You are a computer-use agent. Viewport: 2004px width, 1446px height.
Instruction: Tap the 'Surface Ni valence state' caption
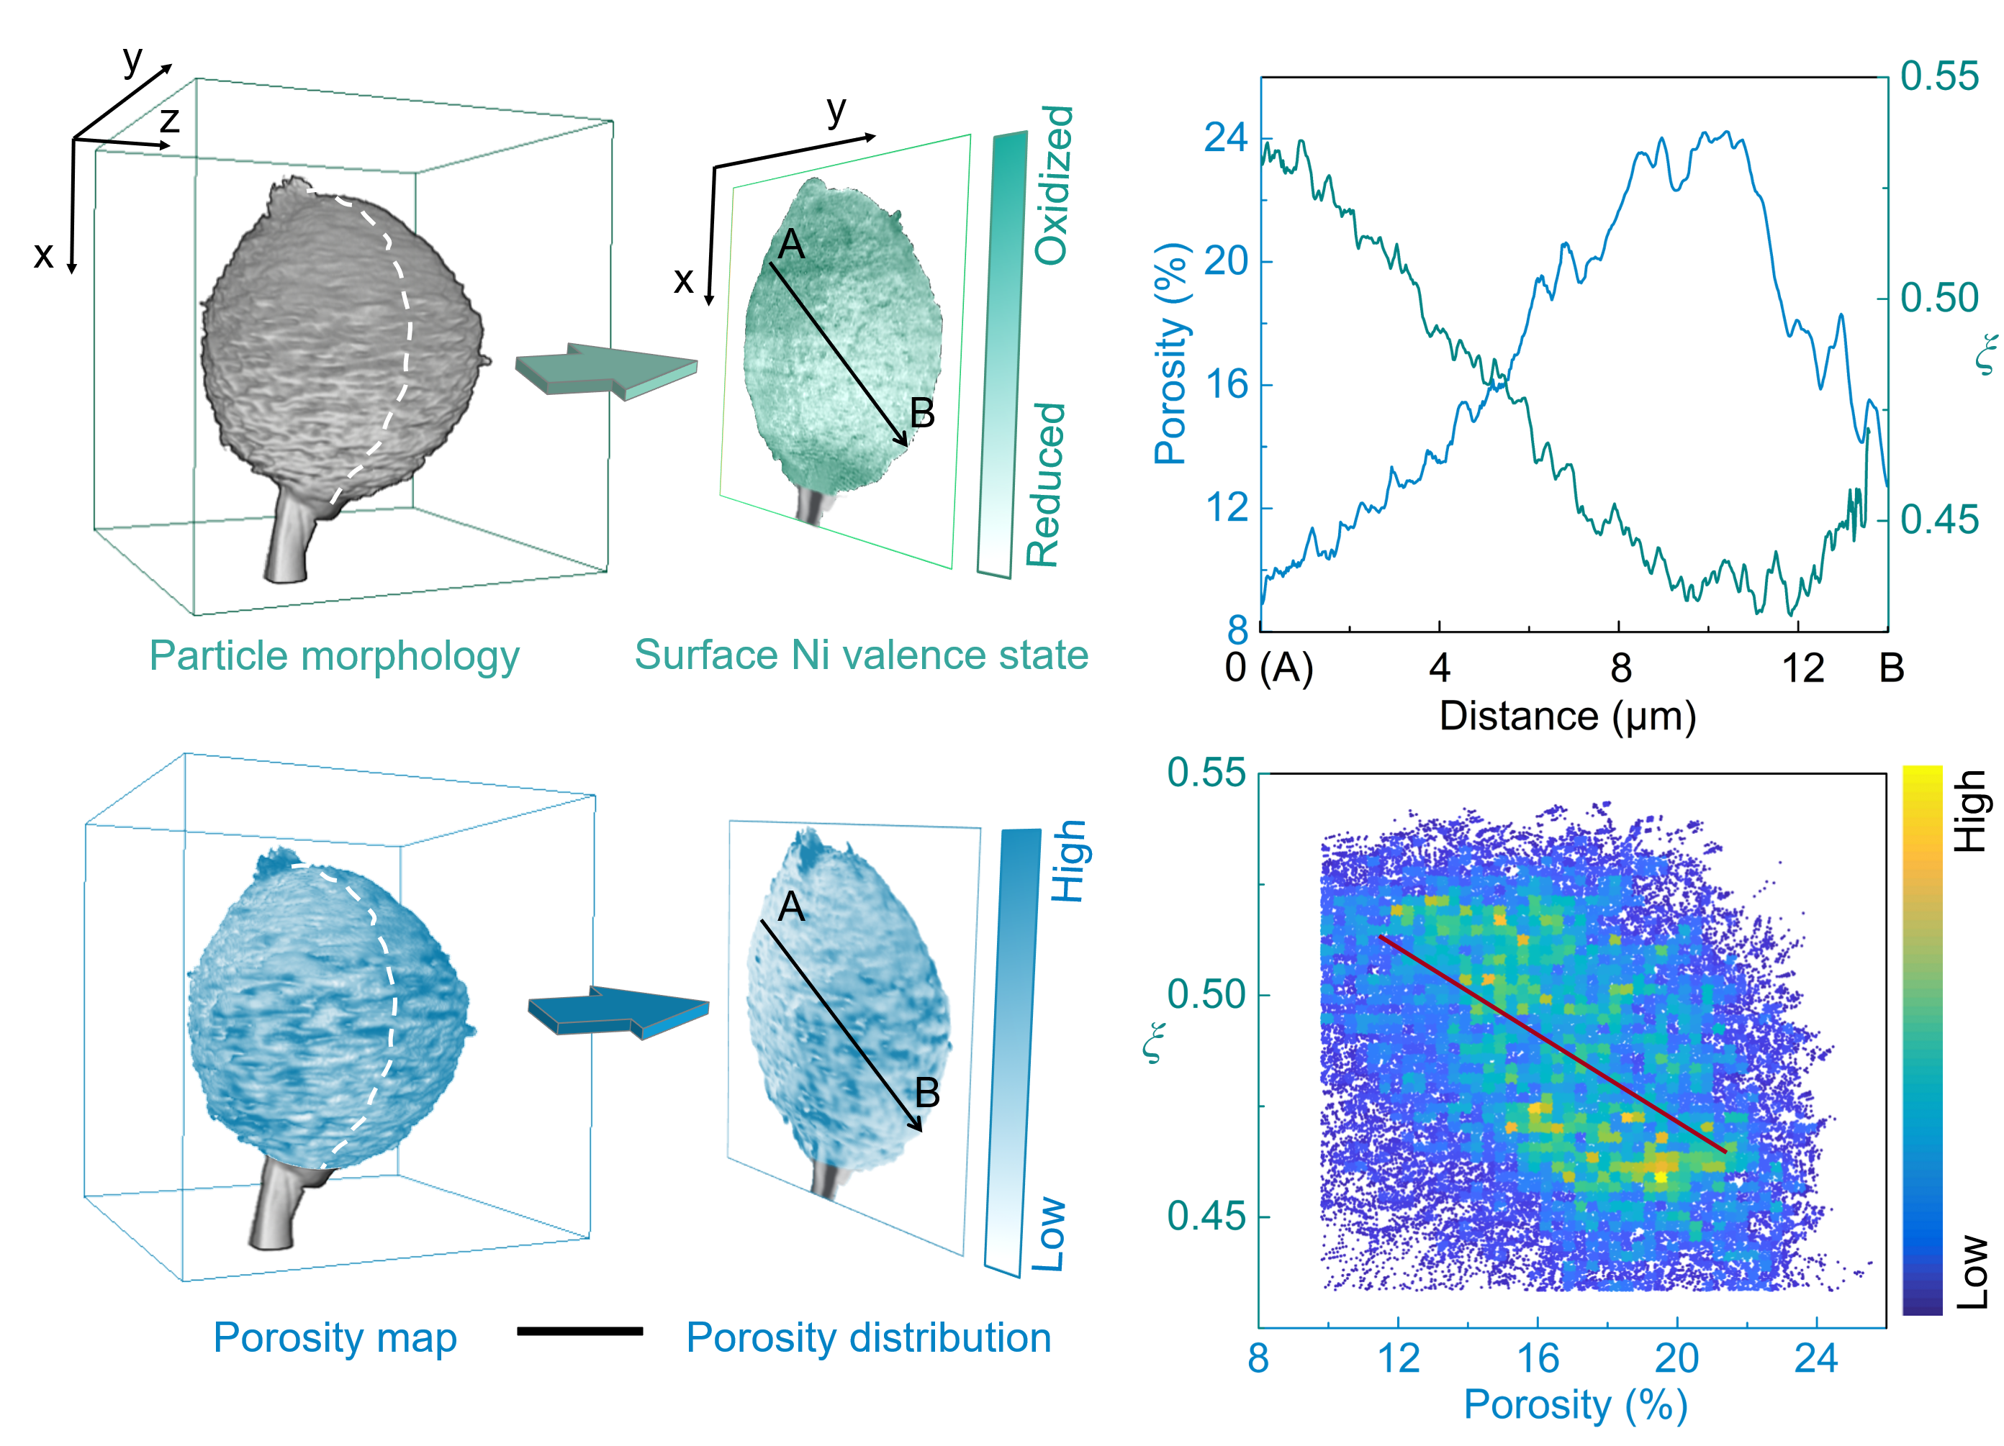click(x=861, y=655)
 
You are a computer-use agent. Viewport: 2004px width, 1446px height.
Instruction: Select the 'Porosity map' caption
click(x=335, y=1337)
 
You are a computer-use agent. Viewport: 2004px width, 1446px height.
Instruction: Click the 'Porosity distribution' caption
click(x=869, y=1337)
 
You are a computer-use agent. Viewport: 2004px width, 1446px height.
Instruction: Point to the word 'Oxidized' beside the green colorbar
click(x=1053, y=186)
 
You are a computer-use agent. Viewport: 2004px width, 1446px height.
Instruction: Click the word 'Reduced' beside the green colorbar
click(x=1045, y=485)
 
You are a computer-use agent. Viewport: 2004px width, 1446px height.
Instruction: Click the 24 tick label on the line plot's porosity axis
click(x=1226, y=138)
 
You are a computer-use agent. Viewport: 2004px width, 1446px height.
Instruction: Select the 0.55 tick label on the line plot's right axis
click(x=1939, y=77)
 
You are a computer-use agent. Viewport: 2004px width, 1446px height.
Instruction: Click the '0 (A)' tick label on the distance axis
click(x=1269, y=668)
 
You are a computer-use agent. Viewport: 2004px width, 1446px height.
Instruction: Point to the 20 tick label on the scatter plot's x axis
click(x=1676, y=1358)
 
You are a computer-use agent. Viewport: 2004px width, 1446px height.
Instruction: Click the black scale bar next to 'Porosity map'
click(x=579, y=1331)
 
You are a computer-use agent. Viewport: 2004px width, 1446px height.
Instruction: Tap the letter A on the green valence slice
click(x=791, y=245)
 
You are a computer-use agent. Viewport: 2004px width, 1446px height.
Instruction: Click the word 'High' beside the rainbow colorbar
click(x=1969, y=811)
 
